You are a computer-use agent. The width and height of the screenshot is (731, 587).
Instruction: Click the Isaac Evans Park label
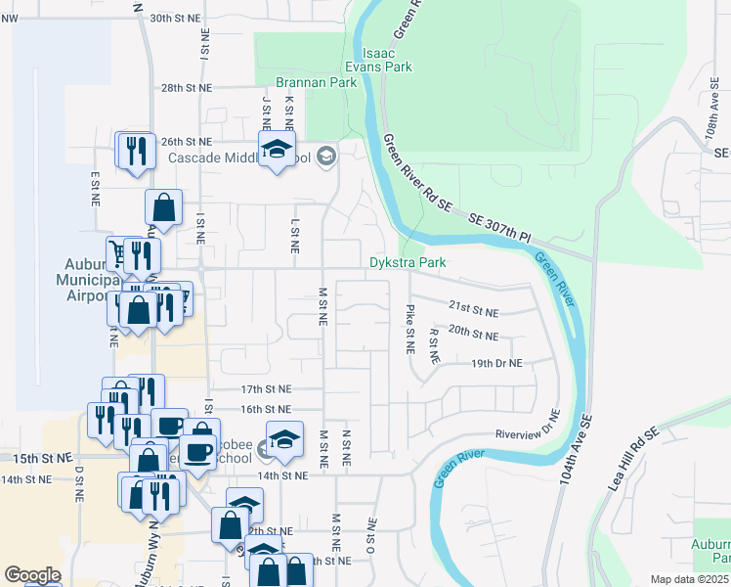[386, 58]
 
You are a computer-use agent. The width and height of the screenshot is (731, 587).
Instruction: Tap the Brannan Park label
[316, 83]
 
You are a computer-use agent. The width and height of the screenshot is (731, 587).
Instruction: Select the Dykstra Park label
[408, 262]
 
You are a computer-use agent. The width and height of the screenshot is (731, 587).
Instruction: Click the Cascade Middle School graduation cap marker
[277, 150]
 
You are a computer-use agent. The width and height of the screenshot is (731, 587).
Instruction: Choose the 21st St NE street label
[473, 308]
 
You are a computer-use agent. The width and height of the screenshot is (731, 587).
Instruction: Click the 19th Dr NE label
[496, 363]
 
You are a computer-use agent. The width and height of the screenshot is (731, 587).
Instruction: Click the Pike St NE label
[409, 329]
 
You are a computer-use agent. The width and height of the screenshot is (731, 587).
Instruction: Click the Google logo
[32, 575]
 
